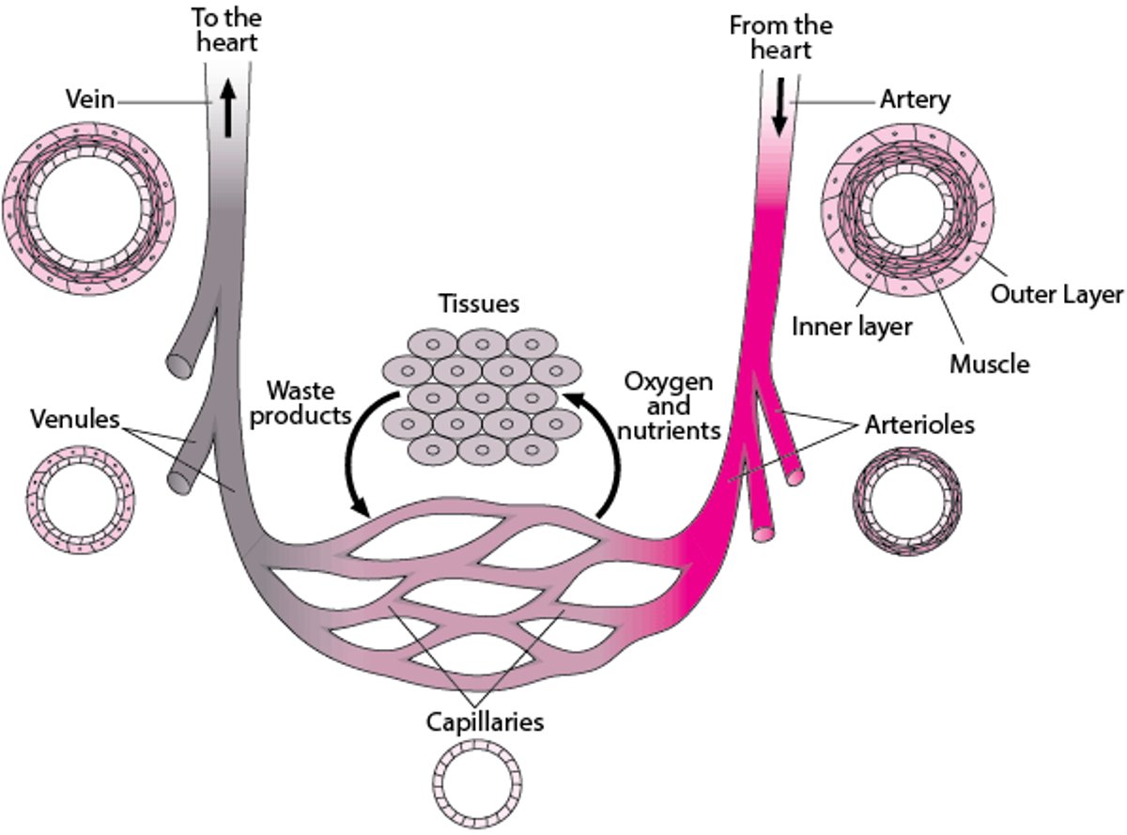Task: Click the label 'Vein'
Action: point(89,100)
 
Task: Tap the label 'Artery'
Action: point(915,100)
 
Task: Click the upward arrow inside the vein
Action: point(226,109)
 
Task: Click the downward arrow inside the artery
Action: point(779,112)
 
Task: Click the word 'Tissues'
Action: point(478,304)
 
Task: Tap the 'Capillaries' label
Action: point(484,723)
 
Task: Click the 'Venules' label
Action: point(74,418)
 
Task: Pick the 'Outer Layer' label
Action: point(1057,295)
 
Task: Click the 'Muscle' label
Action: point(989,363)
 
